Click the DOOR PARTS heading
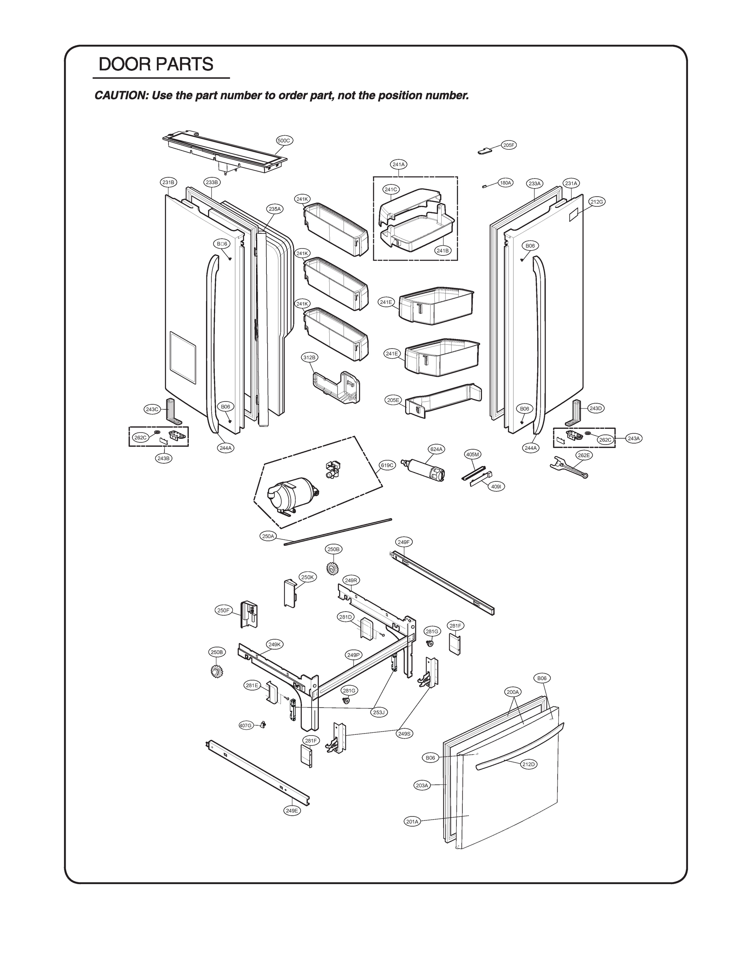[156, 64]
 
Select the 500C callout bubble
[284, 141]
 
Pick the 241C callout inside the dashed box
[390, 189]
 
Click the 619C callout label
[388, 465]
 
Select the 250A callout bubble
[268, 536]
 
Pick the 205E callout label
[393, 400]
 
